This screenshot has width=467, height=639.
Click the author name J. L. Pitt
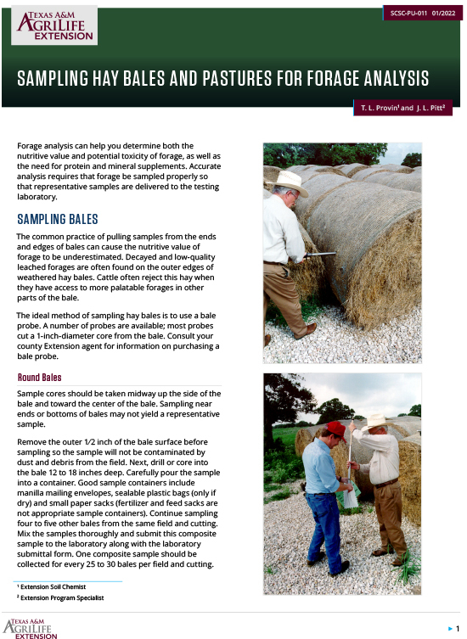click(430, 109)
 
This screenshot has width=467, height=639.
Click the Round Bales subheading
click(40, 378)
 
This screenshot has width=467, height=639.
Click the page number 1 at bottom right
click(458, 628)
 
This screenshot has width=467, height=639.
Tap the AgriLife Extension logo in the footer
click(31, 629)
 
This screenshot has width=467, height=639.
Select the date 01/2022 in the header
click(443, 13)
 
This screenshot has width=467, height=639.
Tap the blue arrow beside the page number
click(449, 628)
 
